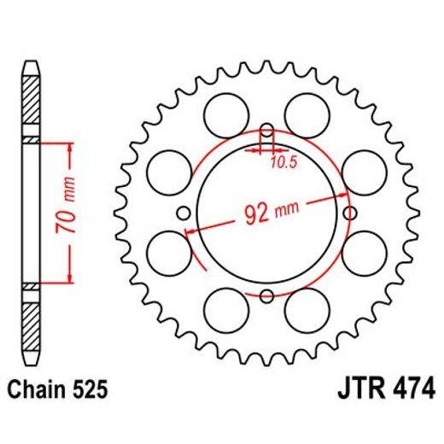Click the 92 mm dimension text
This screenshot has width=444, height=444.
coord(265,212)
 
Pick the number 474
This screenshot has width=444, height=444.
coord(413,391)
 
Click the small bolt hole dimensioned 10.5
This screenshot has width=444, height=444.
coord(267,132)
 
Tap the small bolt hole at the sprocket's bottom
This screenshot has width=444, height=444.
coord(267,296)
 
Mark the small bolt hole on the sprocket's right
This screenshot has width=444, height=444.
coord(349,214)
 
